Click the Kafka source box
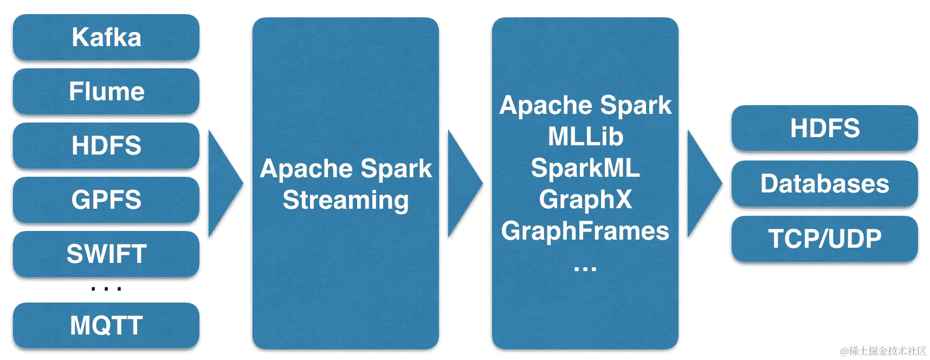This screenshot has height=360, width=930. [106, 37]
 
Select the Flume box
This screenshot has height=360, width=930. [106, 92]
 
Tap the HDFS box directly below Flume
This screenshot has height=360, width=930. [106, 146]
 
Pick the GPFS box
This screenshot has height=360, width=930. [106, 200]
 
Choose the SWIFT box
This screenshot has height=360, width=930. [106, 254]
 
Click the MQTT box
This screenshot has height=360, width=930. [106, 326]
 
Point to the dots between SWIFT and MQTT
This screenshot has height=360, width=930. [106, 289]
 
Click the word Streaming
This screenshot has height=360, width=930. [346, 200]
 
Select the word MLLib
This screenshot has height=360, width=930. [585, 137]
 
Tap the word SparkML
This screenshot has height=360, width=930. [585, 168]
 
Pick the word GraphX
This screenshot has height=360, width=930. [585, 200]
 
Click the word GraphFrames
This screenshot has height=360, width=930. [585, 231]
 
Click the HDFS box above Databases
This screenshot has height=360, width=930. [824, 128]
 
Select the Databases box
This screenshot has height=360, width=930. [824, 184]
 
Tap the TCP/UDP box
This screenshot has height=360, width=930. [824, 239]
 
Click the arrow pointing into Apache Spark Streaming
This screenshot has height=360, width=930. [223, 183]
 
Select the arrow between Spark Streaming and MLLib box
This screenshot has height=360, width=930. [463, 183]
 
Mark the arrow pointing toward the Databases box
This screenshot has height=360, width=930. [702, 183]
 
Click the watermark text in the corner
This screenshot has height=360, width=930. [883, 351]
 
